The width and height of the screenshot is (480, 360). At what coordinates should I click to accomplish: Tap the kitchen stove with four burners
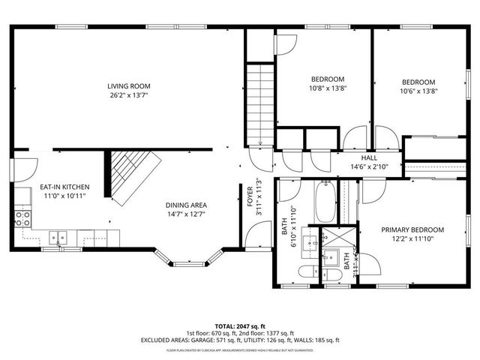[x=22, y=218]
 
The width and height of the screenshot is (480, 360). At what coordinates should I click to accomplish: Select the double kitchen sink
[x=58, y=238]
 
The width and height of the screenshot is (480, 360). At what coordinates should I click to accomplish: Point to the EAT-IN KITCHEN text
[x=64, y=186]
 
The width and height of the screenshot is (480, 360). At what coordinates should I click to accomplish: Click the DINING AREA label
[x=186, y=205]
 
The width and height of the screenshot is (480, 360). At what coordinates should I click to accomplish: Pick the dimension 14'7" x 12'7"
[x=186, y=214]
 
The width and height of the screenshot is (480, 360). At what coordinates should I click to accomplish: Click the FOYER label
[x=249, y=195]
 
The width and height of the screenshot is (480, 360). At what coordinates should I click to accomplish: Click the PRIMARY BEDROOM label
[x=412, y=230]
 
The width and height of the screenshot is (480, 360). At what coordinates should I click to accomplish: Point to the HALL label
[x=368, y=158]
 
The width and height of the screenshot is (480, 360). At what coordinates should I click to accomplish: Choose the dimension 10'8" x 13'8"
[x=328, y=88]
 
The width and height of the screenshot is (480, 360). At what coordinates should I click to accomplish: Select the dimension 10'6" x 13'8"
[x=418, y=91]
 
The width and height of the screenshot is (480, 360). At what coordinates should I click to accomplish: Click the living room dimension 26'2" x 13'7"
[x=125, y=96]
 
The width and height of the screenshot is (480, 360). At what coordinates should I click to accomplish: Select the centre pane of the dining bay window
[x=185, y=263]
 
